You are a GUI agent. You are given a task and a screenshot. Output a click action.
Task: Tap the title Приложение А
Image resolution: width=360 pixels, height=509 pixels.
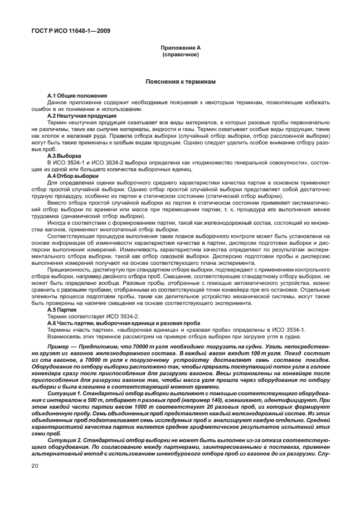(180, 49)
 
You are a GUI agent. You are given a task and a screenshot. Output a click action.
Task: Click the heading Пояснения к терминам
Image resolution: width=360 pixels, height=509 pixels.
(180, 81)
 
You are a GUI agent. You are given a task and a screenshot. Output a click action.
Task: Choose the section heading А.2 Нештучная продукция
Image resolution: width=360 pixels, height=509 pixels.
(82, 116)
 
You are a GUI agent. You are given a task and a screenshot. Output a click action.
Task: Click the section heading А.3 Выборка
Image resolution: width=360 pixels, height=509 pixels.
(64, 156)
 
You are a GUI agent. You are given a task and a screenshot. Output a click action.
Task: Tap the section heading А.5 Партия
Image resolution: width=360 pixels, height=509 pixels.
(62, 309)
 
